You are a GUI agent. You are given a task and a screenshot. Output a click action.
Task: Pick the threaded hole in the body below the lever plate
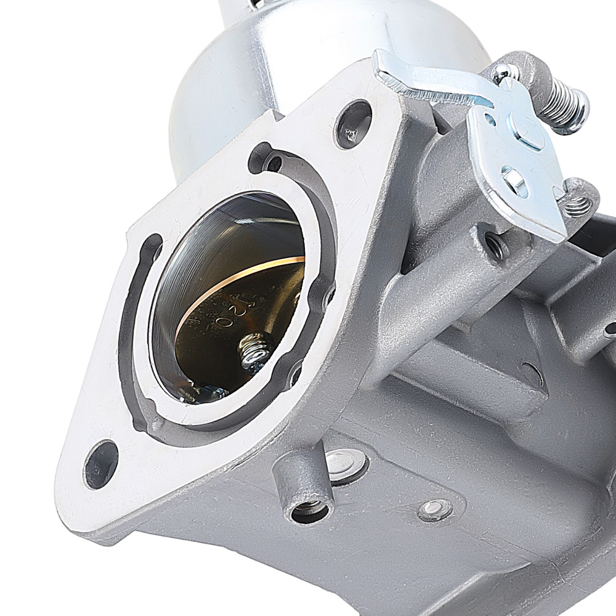[493, 245]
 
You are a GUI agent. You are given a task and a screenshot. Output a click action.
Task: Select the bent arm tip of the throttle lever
[394, 69]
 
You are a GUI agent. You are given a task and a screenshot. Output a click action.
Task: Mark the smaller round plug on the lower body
[434, 508]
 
